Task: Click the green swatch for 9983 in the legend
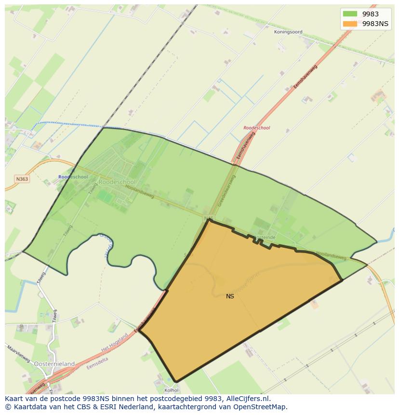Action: (x=350, y=14)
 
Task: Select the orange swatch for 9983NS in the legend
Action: (x=350, y=24)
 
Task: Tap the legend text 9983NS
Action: (x=375, y=24)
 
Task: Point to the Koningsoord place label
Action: (x=288, y=32)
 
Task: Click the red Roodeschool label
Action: (x=257, y=128)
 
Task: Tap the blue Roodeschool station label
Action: (x=73, y=177)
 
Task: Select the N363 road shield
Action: (x=22, y=179)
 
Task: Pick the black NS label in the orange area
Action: (x=230, y=296)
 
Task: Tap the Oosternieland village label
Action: (x=54, y=364)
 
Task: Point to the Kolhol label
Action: (x=172, y=390)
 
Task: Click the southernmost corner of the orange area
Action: (x=176, y=381)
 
